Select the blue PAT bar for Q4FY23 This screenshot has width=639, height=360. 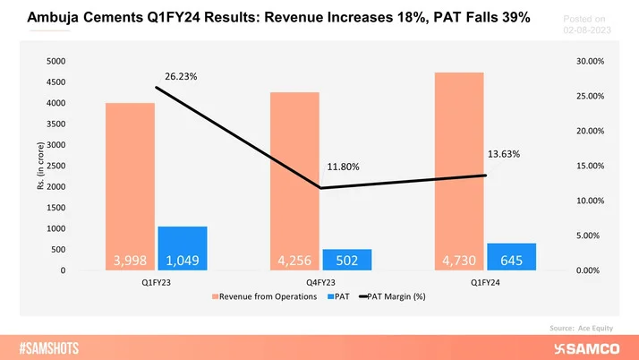pyautogui.click(x=347, y=259)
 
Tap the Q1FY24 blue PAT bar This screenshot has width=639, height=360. pyautogui.click(x=512, y=256)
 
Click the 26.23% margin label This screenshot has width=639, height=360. pyautogui.click(x=179, y=76)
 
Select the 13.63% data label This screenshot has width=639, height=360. pyautogui.click(x=503, y=154)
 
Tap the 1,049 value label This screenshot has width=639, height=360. pyautogui.click(x=182, y=261)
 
